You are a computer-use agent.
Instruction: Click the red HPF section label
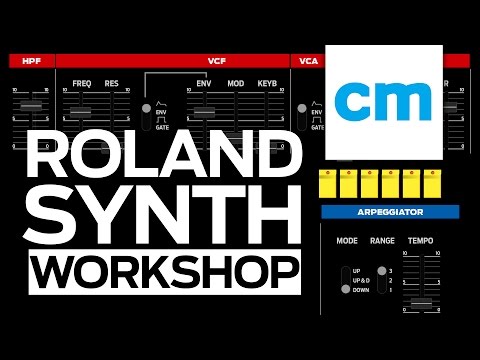31,61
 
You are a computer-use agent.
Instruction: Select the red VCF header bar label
216,61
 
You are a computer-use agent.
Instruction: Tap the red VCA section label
308,61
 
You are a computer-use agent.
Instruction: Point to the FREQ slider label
82,83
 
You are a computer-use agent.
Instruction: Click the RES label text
112,83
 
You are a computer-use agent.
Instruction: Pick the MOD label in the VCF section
235,83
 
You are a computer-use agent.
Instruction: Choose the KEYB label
267,83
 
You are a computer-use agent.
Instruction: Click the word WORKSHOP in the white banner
163,271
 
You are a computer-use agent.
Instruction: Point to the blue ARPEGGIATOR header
390,212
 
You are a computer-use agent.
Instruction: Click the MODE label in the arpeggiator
347,241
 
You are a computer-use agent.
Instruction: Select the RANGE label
382,241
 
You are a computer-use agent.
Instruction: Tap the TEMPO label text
420,241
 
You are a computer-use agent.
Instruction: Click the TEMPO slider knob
421,301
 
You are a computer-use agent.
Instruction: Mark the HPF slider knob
31,105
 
